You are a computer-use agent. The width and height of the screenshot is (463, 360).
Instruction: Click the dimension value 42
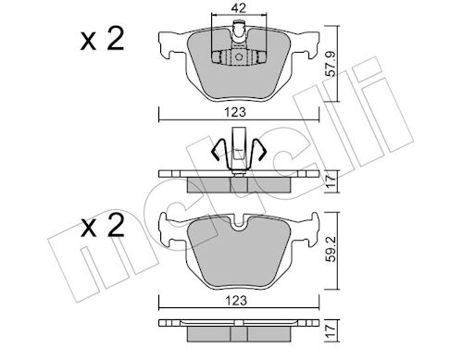238,8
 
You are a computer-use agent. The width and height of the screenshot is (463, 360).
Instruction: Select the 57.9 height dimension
332,64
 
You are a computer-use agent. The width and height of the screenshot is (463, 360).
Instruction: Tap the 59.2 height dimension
332,249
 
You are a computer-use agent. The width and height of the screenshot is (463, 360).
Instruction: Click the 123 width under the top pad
236,112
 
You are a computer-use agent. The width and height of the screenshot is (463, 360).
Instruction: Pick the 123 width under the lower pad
236,300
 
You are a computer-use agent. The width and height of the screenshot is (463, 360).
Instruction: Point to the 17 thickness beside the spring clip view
331,180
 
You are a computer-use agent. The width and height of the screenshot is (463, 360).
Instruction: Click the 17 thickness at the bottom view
331,331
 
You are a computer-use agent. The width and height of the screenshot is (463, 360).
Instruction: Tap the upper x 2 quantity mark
102,39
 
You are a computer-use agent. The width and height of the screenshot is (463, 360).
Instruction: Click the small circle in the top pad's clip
239,57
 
